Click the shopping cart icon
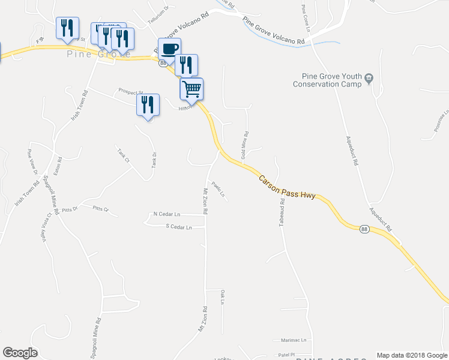(191, 89)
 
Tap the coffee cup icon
(170, 49)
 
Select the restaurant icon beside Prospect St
(147, 106)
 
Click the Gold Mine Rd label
(244, 146)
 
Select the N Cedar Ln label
(172, 214)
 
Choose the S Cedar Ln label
(178, 227)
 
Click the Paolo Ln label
(218, 190)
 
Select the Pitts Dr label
(70, 209)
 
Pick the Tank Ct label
(123, 156)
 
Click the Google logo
(20, 353)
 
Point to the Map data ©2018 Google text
(411, 355)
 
